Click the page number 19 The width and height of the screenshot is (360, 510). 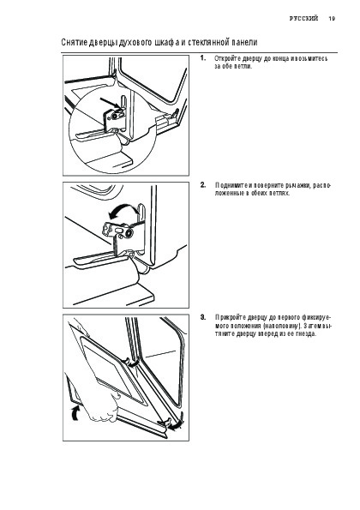pyautogui.click(x=332, y=19)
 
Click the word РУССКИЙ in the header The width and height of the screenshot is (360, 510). pyautogui.click(x=303, y=19)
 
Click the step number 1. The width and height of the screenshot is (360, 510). pyautogui.click(x=203, y=58)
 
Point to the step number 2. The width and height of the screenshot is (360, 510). pyautogui.click(x=203, y=185)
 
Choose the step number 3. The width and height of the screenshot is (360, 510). pyautogui.click(x=203, y=317)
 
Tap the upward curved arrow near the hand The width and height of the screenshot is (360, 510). pyautogui.click(x=75, y=413)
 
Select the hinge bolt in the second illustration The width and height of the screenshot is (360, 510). pyautogui.click(x=129, y=233)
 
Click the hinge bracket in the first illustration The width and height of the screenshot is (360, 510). pyautogui.click(x=115, y=119)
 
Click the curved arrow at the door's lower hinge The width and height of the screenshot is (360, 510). pyautogui.click(x=177, y=423)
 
